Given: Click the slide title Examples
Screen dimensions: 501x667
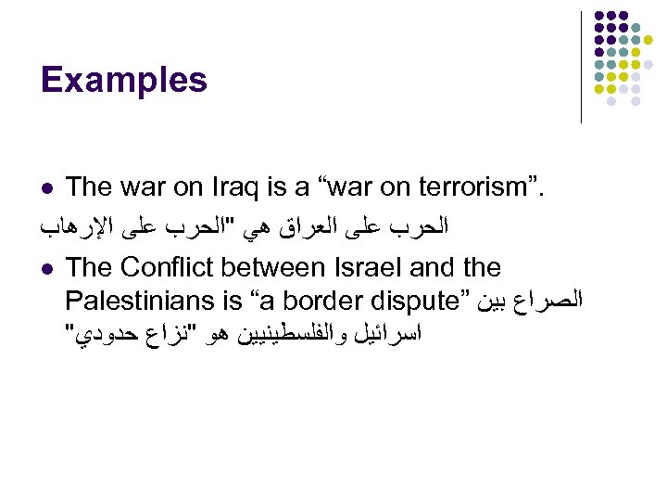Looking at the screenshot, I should (x=124, y=81).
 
